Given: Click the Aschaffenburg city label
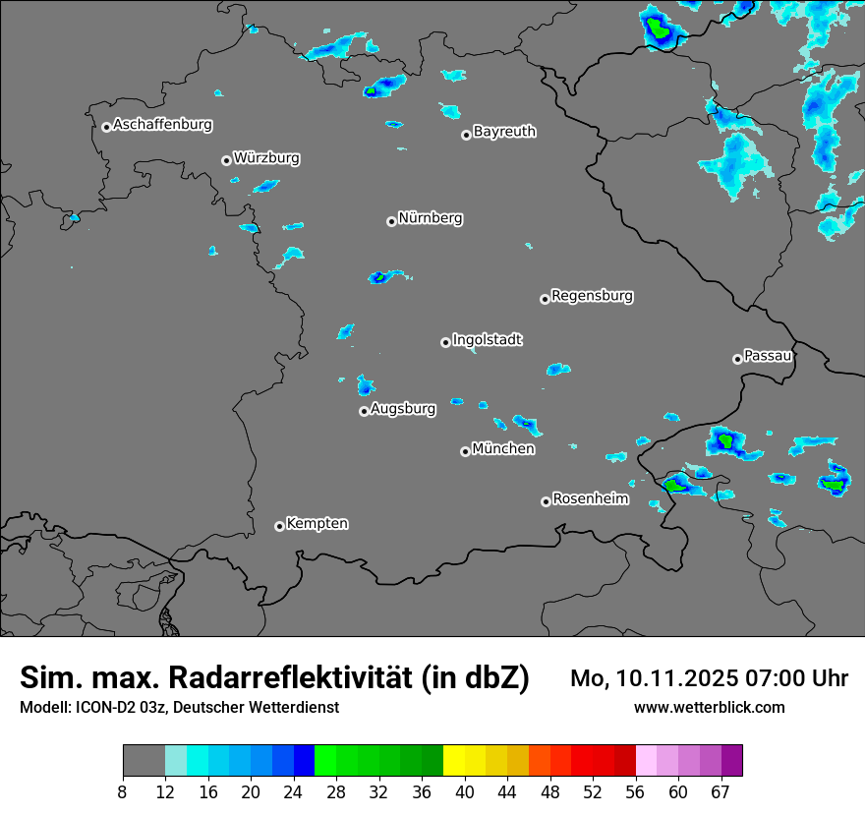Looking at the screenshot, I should click(x=162, y=125).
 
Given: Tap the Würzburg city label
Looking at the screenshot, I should click(x=266, y=157).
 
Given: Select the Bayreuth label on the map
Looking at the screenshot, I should click(x=504, y=131).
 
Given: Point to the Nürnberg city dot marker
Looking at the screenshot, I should click(x=391, y=221).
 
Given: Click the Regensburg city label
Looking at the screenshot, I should click(x=592, y=295).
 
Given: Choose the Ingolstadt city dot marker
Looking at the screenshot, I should click(x=445, y=342).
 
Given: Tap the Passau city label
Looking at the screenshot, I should click(x=768, y=355).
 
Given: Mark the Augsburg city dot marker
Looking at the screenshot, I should click(x=364, y=411).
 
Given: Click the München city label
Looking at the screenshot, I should click(x=503, y=448).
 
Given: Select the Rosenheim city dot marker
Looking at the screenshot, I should click(x=546, y=501).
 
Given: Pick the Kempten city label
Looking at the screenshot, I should click(x=317, y=523).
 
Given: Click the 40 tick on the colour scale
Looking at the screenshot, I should click(x=465, y=792).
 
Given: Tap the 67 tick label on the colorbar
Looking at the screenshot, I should click(x=721, y=792).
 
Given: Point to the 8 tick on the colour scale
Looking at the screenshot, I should click(x=123, y=792).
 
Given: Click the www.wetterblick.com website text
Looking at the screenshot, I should click(x=709, y=707).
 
